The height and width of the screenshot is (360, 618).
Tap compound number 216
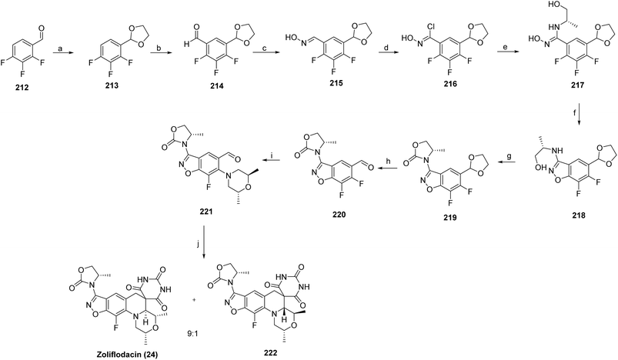pyautogui.click(x=450, y=84)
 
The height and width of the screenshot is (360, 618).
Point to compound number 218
pyautogui.click(x=579, y=215)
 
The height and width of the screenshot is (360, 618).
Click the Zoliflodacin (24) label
pyautogui.click(x=127, y=355)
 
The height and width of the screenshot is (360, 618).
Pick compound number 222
pyautogui.click(x=270, y=352)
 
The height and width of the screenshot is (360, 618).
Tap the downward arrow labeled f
pyautogui.click(x=579, y=113)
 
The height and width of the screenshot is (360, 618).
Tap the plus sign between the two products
pyautogui.click(x=194, y=300)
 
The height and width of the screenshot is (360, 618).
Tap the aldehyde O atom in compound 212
pyautogui.click(x=42, y=28)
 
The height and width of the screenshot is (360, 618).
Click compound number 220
pyautogui.click(x=339, y=215)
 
